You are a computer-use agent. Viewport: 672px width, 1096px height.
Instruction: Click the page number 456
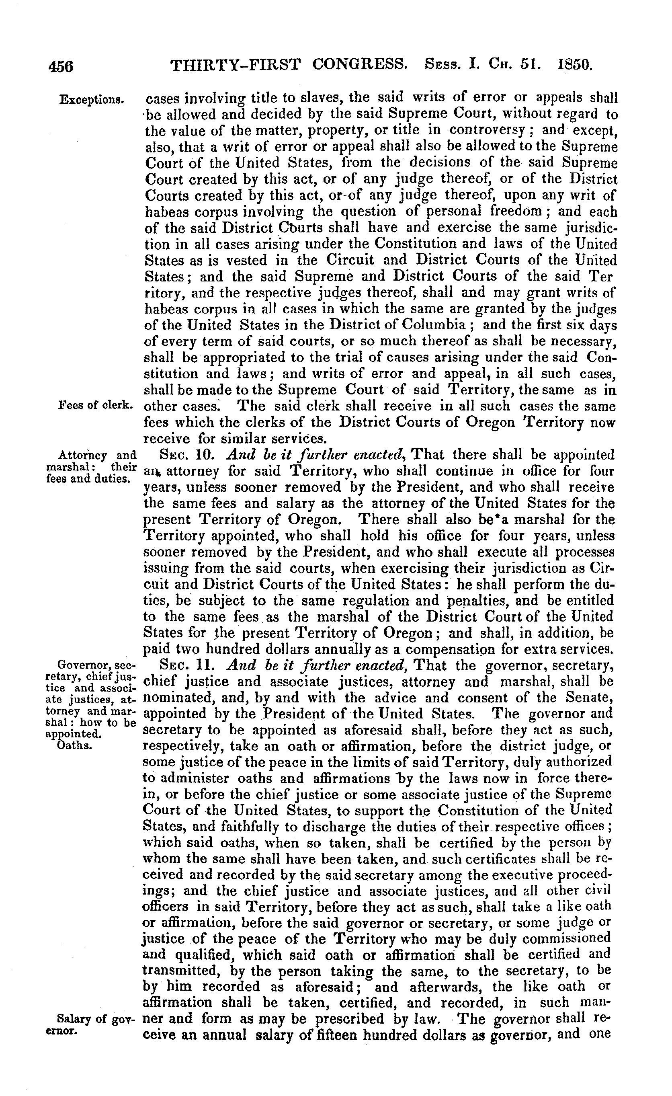61,66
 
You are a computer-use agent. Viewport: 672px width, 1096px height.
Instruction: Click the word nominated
175,698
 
